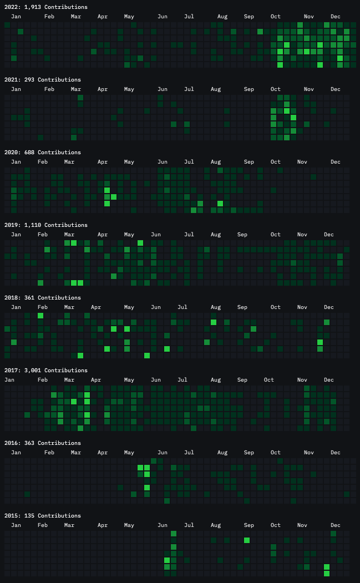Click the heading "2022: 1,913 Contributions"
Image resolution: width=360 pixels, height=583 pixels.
pyautogui.click(x=45, y=7)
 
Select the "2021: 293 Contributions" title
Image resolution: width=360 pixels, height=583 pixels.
pyautogui.click(x=42, y=80)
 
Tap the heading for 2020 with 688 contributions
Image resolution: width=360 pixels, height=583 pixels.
pyautogui.click(x=42, y=153)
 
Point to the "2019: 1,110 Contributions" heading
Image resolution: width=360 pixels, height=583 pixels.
pyautogui.click(x=45, y=225)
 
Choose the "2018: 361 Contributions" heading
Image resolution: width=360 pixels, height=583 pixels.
pyautogui.click(x=42, y=298)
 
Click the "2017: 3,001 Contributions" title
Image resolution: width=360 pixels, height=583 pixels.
pyautogui.click(x=45, y=371)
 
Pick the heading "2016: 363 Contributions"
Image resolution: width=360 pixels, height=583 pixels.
pyautogui.click(x=42, y=443)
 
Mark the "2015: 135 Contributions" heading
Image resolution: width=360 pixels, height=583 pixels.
pyautogui.click(x=42, y=516)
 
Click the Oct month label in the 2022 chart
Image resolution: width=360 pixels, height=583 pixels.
pyautogui.click(x=276, y=17)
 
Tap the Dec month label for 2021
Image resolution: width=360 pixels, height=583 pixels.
pyautogui.click(x=336, y=89)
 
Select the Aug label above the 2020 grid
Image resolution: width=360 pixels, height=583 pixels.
pyautogui.click(x=216, y=162)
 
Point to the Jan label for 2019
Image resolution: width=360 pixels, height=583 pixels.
pyautogui.click(x=16, y=235)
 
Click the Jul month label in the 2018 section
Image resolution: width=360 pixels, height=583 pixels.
pyautogui.click(x=182, y=307)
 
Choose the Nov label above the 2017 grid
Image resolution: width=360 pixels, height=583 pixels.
pyautogui.click(x=302, y=380)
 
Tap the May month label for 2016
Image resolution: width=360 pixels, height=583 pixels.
pyautogui.click(x=129, y=453)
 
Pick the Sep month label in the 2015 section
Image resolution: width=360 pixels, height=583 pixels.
pyautogui.click(x=249, y=525)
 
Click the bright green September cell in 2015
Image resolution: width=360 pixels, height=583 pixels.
pyautogui.click(x=247, y=540)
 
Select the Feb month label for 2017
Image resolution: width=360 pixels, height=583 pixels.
pyautogui.click(x=43, y=380)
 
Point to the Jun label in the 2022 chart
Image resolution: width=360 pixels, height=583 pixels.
pyautogui.click(x=163, y=17)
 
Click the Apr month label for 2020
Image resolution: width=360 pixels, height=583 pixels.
pyautogui.click(x=103, y=162)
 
